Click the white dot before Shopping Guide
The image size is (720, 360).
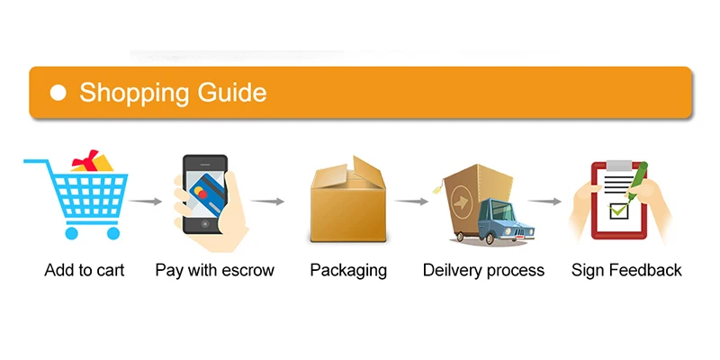tap(58, 93)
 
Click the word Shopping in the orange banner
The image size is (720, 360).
tap(133, 93)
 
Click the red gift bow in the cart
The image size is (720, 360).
tap(87, 162)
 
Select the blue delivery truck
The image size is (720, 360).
tap(491, 221)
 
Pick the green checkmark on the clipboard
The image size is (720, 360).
tap(619, 211)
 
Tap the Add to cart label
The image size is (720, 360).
tap(85, 270)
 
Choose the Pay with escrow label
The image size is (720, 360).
tap(214, 270)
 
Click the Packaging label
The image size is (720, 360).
tap(348, 270)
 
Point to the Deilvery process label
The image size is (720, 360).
tap(483, 270)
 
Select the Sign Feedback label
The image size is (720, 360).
tap(626, 270)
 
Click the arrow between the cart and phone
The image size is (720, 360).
tap(146, 201)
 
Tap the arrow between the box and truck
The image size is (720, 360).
tap(412, 202)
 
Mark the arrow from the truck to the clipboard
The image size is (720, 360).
tap(544, 202)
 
